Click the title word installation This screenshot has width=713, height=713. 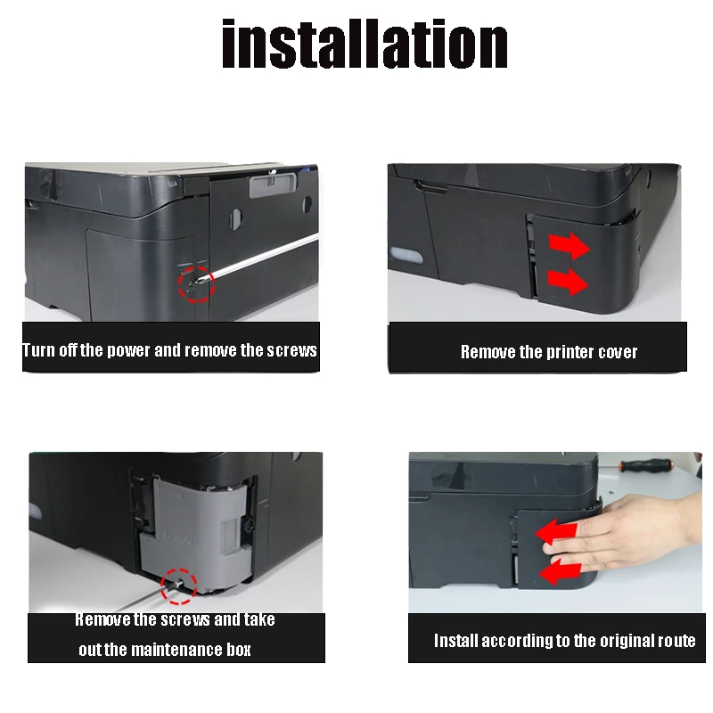[365, 45]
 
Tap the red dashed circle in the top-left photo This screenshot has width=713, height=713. [195, 283]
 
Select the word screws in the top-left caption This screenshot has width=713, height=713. [291, 350]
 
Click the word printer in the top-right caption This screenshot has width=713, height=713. [549, 352]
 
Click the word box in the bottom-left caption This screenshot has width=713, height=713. [236, 650]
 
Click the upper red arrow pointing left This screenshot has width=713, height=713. [552, 533]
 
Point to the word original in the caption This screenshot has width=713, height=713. [596, 641]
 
